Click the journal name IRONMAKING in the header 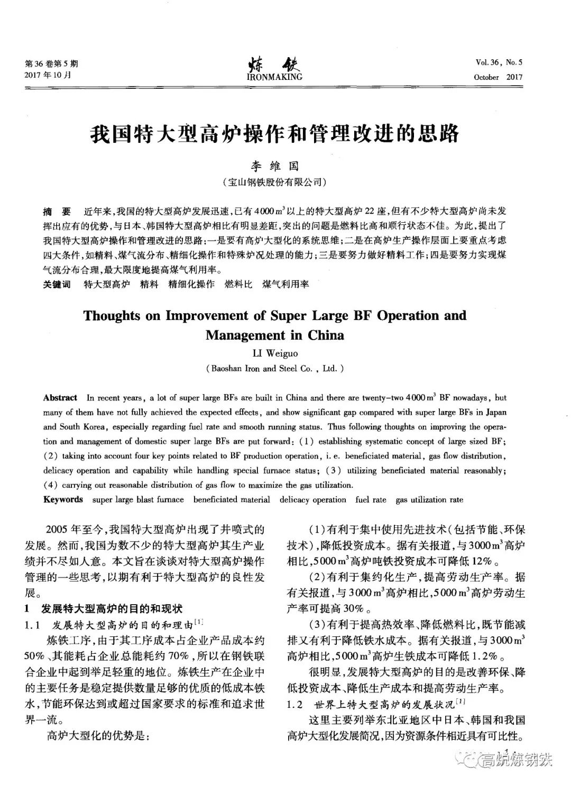[x=274, y=77]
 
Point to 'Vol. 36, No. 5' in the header [x=499, y=62]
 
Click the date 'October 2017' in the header [x=498, y=77]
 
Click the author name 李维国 [x=275, y=166]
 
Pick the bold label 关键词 [x=57, y=285]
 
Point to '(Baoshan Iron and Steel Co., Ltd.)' [x=274, y=369]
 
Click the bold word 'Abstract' [x=60, y=398]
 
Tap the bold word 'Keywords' [x=63, y=499]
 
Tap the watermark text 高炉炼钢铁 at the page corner [x=515, y=760]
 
